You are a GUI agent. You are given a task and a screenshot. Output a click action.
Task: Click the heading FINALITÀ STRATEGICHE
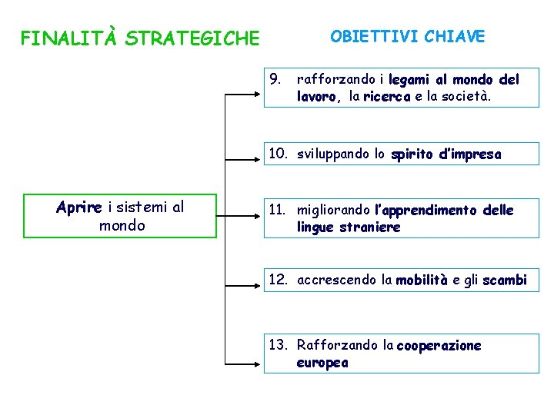[140, 38]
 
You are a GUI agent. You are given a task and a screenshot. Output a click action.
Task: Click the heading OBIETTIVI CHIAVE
[407, 36]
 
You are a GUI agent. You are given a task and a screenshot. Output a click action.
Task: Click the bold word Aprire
[80, 207]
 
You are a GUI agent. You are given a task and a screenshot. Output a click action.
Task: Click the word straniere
[369, 227]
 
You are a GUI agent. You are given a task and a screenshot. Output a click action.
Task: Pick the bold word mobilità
[422, 280]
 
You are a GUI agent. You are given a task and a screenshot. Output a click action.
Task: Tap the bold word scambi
[504, 280]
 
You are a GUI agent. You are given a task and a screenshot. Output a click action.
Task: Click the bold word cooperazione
[439, 345]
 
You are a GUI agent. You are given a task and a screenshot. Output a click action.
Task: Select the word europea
[322, 363]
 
